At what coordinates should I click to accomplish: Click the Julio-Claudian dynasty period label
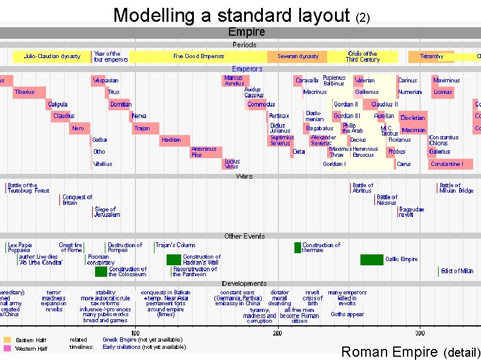point(52,56)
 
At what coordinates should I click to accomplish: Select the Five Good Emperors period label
point(199,56)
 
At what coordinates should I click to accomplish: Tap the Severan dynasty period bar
point(298,56)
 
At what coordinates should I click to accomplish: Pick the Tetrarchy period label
point(431,56)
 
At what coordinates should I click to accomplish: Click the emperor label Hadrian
point(171,140)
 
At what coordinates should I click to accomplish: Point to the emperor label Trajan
point(142,128)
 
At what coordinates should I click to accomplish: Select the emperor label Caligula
point(58,104)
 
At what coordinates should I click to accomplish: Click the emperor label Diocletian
point(413,118)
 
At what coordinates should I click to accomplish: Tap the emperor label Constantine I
point(447,164)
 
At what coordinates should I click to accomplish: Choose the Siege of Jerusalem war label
point(107,212)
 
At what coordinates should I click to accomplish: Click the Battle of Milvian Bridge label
point(456,188)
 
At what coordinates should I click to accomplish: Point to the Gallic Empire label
point(402,259)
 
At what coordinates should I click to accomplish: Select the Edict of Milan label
point(457,271)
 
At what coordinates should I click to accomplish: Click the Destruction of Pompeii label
point(125,248)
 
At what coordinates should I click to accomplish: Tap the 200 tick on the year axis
point(277,333)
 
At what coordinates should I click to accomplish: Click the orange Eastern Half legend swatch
point(7,340)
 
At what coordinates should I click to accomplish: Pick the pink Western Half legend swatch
point(7,348)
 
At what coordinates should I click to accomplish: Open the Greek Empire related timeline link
point(119,340)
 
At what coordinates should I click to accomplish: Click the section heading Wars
point(245,176)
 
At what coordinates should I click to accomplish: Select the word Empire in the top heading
point(246,31)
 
